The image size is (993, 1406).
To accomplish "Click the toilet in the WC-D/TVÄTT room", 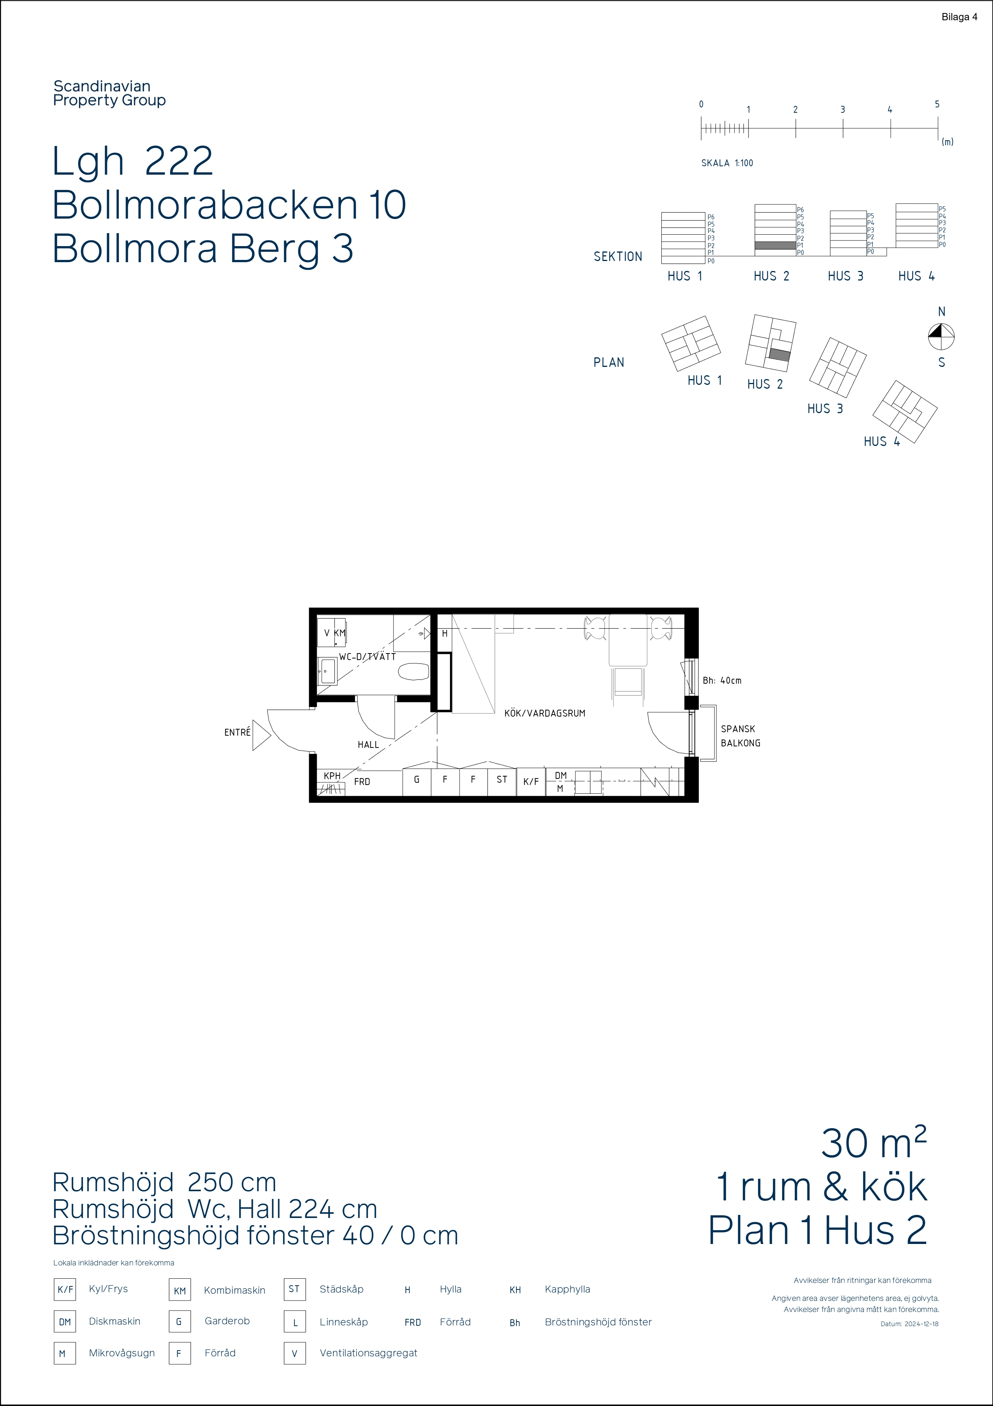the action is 414,672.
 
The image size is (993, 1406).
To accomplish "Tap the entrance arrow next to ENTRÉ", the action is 261,735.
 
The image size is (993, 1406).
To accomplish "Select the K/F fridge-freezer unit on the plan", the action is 531,782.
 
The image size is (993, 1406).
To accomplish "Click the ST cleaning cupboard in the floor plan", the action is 502,782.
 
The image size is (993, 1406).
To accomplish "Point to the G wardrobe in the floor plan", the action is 417,782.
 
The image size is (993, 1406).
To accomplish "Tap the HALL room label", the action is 369,744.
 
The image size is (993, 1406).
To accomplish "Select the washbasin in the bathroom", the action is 327,671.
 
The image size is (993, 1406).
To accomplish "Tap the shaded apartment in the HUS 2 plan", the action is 780,355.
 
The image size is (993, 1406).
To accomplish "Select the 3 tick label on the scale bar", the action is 842,110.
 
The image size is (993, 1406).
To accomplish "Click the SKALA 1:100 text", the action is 727,163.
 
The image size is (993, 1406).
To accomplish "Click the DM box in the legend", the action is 65,1322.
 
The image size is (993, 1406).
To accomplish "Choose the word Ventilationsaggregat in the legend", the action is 369,1353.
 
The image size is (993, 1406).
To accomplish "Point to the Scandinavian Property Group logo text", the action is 110,94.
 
